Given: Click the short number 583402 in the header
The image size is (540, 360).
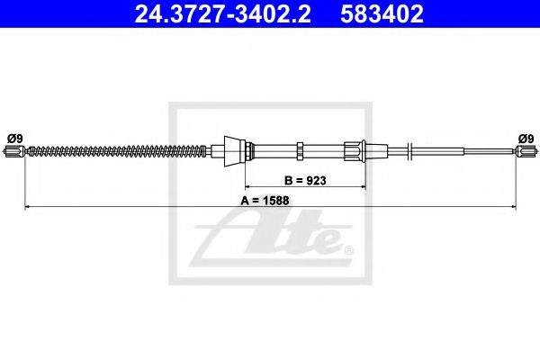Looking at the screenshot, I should coord(382,14).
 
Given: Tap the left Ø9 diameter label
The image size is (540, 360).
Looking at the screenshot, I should coord(14,138).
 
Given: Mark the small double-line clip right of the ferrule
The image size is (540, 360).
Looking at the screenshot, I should coord(409,151).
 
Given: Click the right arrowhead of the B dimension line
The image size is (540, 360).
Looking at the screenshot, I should coord(362,187).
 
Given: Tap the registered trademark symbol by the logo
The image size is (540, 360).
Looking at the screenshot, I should coord(348,247).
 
